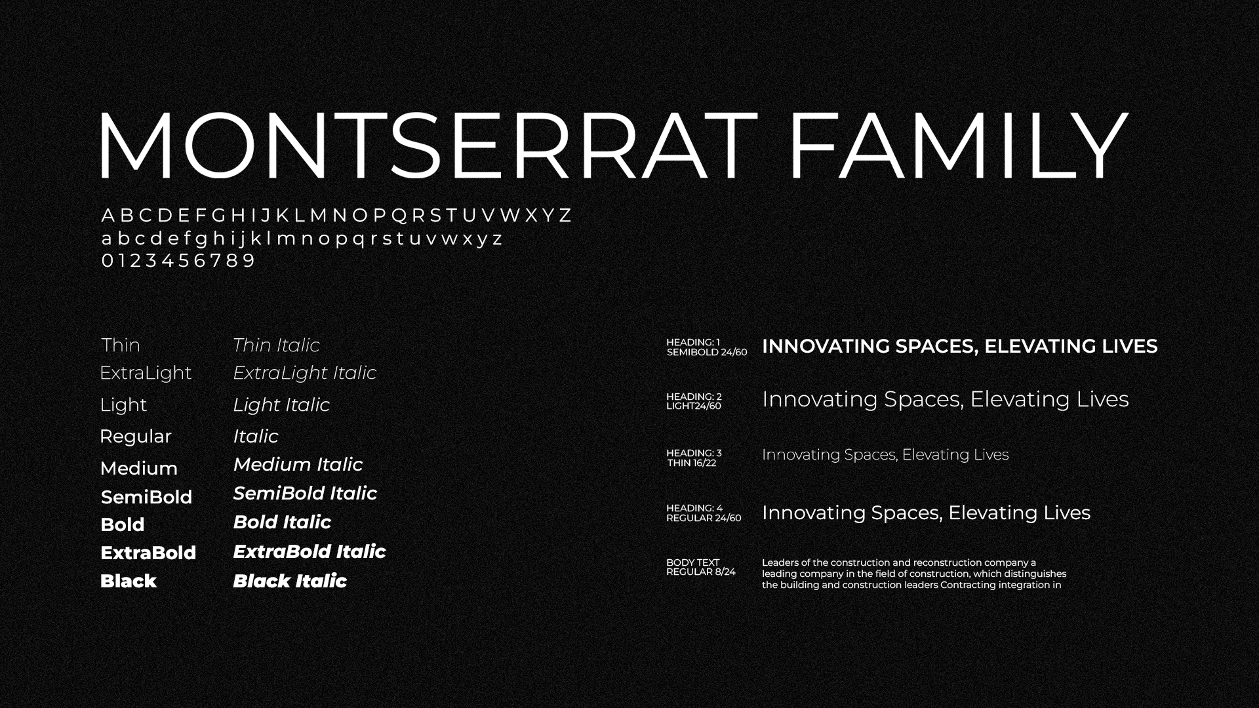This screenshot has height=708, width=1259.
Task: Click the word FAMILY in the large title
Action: pos(957,145)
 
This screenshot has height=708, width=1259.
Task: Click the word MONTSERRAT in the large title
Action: pos(428,145)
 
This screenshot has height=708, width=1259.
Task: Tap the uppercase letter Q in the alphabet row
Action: pos(399,216)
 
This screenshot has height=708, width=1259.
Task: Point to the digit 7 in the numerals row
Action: pos(216,260)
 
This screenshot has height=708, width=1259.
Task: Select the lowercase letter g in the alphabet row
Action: pos(201,240)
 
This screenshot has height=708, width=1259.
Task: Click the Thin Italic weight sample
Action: pos(276,345)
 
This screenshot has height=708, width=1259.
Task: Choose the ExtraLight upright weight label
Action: pos(146,373)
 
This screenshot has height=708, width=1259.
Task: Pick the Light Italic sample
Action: pos(281,405)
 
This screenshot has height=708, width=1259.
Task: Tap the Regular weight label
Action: pos(135,437)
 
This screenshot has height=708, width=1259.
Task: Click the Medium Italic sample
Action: pos(298,464)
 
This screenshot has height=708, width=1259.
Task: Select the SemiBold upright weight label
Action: pos(146,497)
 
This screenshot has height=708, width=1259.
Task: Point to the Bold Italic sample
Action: pos(282,522)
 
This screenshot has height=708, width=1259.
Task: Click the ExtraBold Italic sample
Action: pos(309,551)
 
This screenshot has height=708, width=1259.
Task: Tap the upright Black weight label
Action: pos(129,581)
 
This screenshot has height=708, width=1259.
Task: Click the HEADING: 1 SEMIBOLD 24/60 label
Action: pos(706,347)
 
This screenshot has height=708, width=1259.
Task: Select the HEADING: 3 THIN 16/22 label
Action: pos(694,458)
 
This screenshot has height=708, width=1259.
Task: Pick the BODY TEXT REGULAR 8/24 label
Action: pos(700,567)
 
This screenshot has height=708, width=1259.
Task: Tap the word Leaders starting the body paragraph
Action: pos(780,562)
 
